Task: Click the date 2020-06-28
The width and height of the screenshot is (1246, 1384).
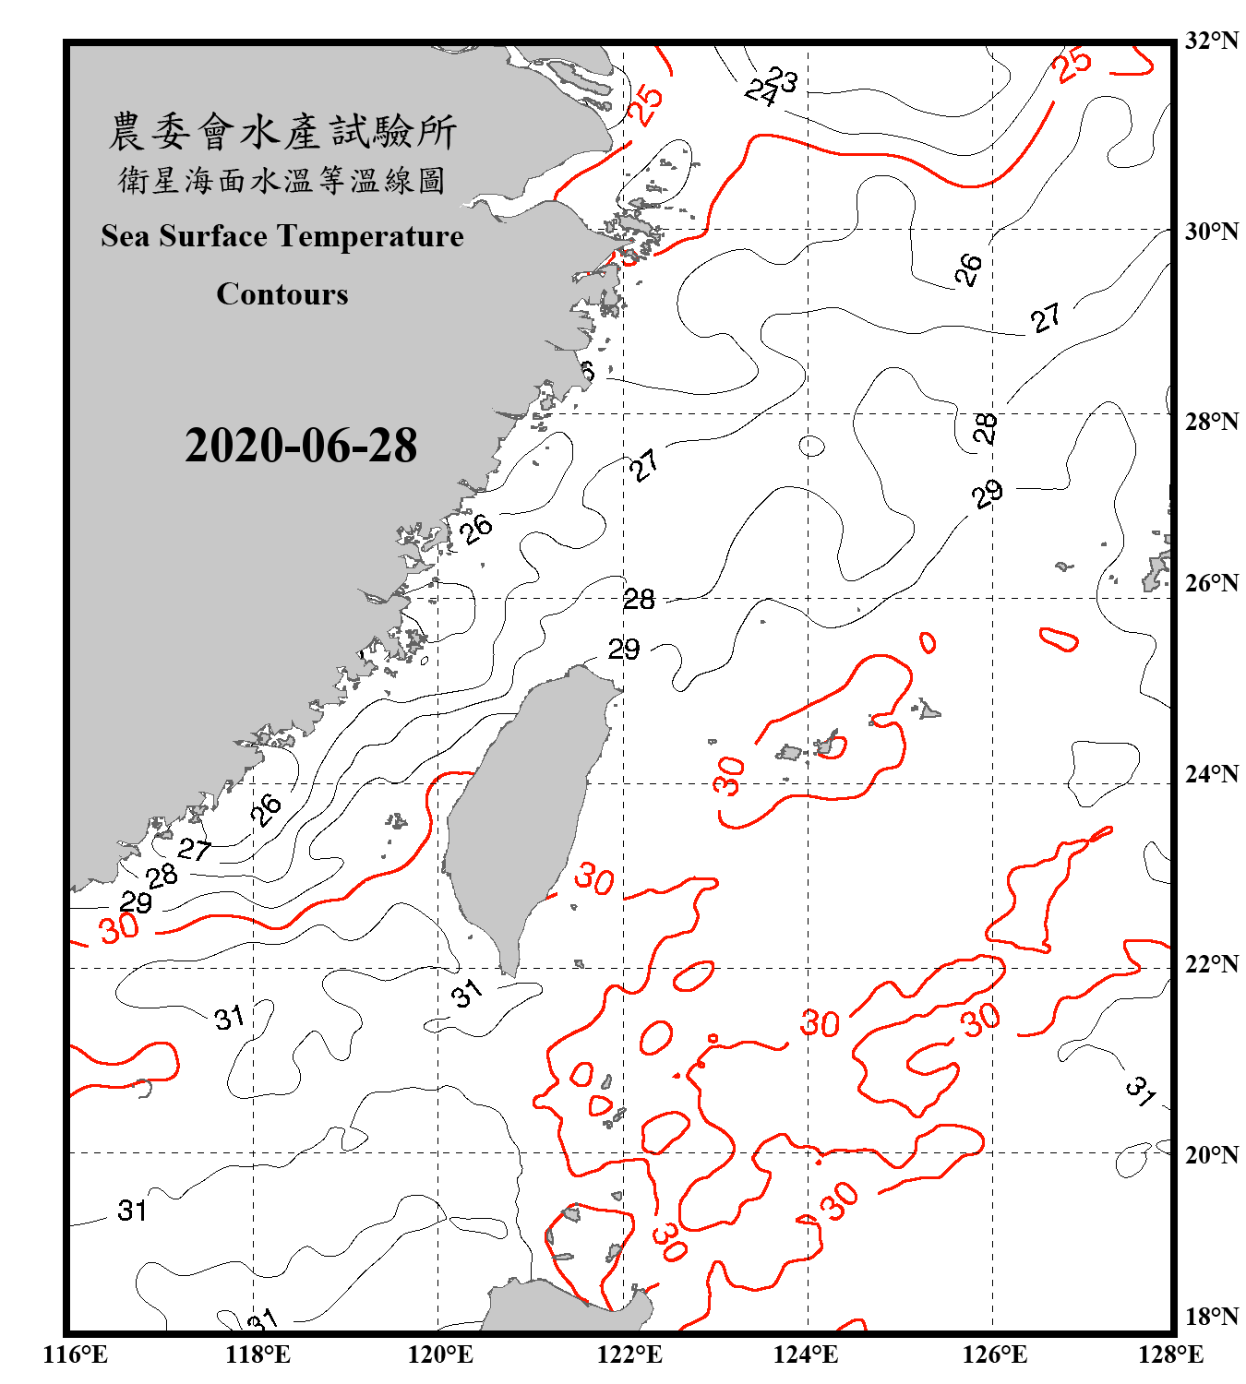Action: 301,446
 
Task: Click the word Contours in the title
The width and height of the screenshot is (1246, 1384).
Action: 282,294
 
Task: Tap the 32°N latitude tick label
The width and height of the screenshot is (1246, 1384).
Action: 1211,41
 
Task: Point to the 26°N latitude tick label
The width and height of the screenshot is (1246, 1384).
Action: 1211,583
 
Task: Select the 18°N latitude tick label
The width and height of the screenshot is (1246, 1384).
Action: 1211,1317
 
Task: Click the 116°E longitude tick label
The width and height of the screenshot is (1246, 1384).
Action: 76,1354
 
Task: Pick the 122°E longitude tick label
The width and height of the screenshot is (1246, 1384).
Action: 629,1354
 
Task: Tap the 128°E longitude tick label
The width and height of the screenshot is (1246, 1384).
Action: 1170,1354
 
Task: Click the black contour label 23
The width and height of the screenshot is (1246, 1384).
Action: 782,79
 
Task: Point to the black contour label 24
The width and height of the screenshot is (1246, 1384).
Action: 761,91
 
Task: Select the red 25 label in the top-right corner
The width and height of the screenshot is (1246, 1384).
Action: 1072,65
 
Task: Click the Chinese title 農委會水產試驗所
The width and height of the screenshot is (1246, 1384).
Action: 282,131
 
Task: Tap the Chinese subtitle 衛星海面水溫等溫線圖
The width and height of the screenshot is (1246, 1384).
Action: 282,181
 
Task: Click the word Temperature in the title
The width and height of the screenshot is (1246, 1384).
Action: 372,236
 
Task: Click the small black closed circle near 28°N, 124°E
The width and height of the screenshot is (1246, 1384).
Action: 811,447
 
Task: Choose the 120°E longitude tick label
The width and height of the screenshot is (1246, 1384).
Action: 440,1354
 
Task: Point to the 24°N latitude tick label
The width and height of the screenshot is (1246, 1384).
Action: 1211,774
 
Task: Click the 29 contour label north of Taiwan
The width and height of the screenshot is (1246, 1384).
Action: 624,650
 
